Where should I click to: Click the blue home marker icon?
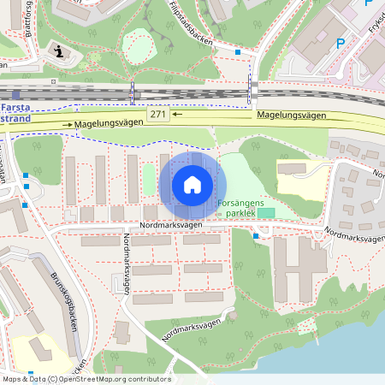(x=192, y=184)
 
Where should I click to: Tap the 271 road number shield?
(x=157, y=114)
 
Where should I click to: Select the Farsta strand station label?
(x=17, y=114)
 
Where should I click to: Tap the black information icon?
(x=57, y=51)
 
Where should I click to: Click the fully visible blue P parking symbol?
(x=341, y=43)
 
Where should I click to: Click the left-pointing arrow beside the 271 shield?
(x=176, y=113)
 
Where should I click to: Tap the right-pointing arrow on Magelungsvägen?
(x=67, y=125)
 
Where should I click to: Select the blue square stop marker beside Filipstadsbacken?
(x=238, y=53)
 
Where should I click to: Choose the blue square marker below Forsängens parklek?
(x=256, y=236)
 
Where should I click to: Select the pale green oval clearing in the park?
(x=137, y=43)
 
